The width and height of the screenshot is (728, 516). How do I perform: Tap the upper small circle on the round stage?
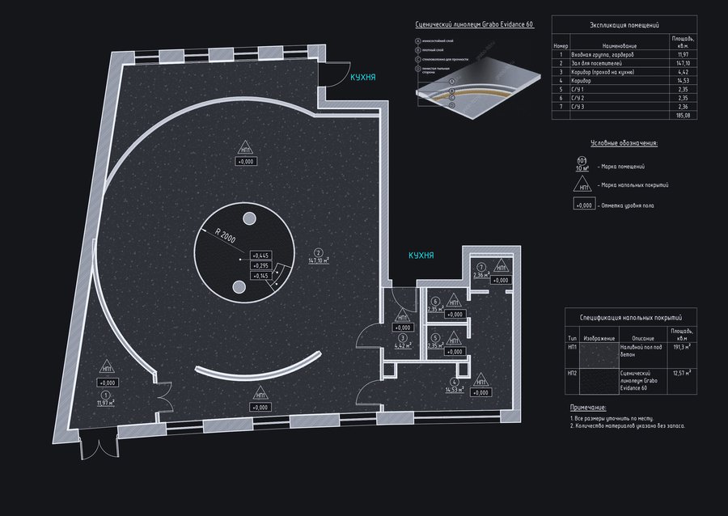[x=248, y=218]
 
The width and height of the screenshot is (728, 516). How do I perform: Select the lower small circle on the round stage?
[x=239, y=287]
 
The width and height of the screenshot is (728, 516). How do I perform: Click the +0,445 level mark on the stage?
[x=260, y=255]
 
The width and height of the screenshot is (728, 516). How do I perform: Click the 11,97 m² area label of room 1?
[x=106, y=400]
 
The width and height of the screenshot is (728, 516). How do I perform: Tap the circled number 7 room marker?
[x=480, y=267]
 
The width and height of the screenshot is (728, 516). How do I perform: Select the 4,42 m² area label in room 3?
[x=402, y=346]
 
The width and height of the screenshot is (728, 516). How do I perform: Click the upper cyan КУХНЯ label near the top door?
[x=362, y=78]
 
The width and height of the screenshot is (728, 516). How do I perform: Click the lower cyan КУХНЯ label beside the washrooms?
[x=421, y=255]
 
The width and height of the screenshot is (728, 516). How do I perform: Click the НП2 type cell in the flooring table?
[x=572, y=373]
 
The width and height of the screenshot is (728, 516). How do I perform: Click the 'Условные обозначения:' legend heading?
[x=624, y=142]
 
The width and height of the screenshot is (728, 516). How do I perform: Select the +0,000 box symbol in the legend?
[x=582, y=205]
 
